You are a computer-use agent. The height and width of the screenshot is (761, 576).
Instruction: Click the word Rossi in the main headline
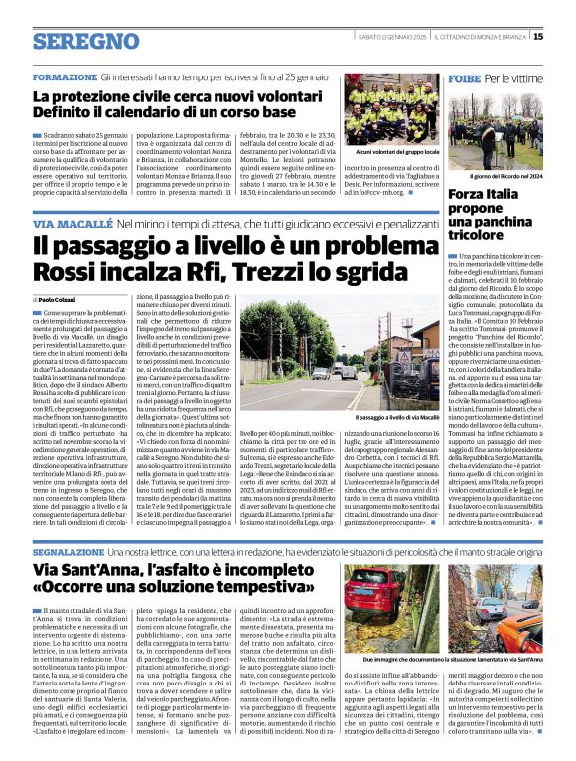[67, 272]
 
